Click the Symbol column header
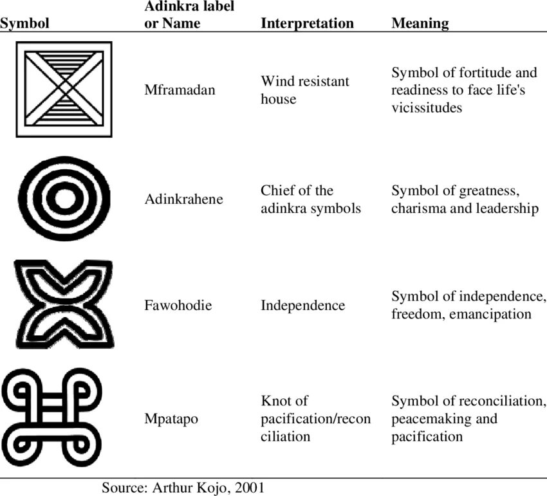(x=25, y=24)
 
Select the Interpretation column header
(x=307, y=24)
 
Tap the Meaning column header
(x=420, y=24)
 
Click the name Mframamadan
(x=180, y=90)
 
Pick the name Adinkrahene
(x=183, y=199)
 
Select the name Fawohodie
(x=178, y=305)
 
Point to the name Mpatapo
(x=171, y=419)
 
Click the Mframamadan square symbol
(x=64, y=89)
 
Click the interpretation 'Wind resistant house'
(x=304, y=90)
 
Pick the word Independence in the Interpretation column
(x=302, y=305)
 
